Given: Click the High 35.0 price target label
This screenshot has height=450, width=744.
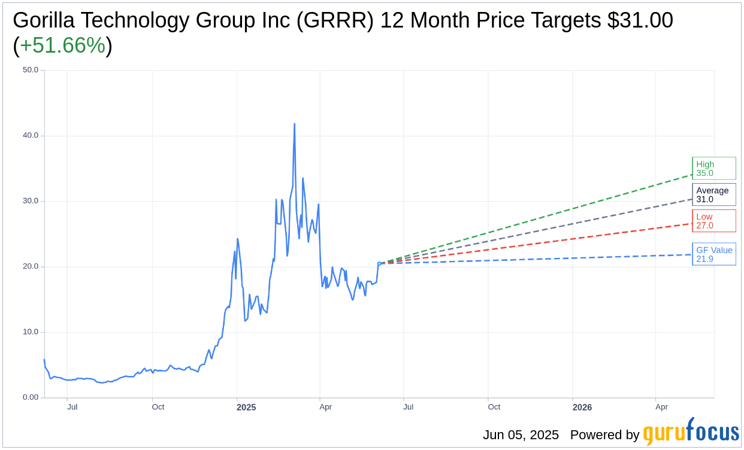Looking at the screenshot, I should pos(713,168).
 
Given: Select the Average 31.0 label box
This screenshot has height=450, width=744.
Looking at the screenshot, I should pos(713,194).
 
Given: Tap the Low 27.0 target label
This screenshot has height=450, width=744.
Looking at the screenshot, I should pos(713,221).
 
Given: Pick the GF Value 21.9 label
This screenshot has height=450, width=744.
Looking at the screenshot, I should pos(713,254).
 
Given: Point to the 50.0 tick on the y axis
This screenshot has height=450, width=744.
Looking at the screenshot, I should pos(31,70).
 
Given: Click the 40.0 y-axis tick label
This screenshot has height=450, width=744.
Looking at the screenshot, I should pos(31,135).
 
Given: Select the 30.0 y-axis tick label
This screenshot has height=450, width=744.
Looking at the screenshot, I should pos(31,201).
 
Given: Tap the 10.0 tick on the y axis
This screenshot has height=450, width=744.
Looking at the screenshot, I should pos(31,332).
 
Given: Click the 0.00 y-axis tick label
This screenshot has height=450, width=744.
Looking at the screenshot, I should pos(31,397).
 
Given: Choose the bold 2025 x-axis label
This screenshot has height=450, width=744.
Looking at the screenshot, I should pos(246,408).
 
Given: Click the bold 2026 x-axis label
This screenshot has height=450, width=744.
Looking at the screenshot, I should pos(582,408).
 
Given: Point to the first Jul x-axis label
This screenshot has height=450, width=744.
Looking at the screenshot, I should pos(72,407).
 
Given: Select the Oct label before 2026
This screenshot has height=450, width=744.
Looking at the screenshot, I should pos(494,407).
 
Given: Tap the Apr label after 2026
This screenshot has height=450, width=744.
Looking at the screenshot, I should pos(661,407).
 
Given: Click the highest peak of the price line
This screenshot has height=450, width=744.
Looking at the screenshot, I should pos(294,124).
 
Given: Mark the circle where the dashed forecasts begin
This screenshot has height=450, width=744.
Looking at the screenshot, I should pos(379,263).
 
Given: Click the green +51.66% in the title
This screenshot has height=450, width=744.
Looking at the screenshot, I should pos(62,45).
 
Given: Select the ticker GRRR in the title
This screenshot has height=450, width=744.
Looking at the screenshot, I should pos(340,20).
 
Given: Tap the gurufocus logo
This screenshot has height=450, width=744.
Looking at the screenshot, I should pos(691,432).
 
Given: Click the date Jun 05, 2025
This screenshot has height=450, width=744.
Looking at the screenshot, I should pos(521,435).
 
